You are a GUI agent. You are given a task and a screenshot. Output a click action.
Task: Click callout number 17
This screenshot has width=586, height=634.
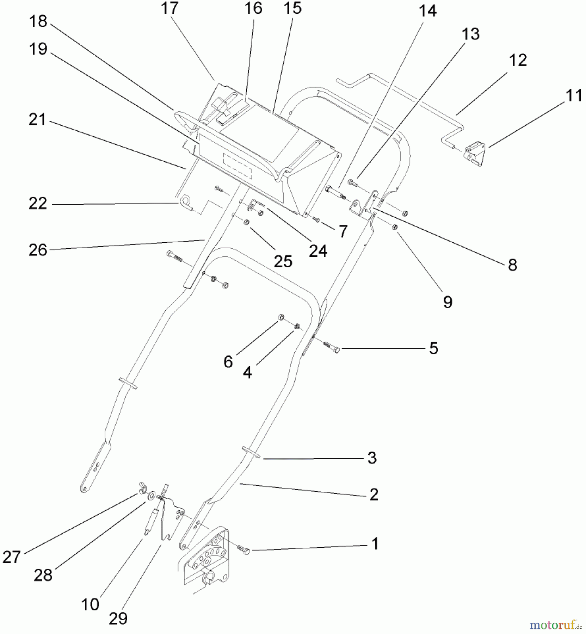pyautogui.click(x=169, y=8)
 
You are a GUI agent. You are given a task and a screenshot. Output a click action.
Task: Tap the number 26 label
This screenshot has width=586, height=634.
pyautogui.click(x=38, y=250)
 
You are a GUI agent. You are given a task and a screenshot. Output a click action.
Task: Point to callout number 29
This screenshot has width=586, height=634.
pyautogui.click(x=118, y=618)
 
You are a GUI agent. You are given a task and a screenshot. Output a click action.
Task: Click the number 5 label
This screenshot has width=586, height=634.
pyautogui.click(x=433, y=348)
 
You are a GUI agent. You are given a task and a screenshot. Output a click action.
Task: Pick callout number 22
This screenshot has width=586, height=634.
pyautogui.click(x=38, y=204)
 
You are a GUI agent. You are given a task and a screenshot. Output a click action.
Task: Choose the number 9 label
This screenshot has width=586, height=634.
pyautogui.click(x=448, y=302)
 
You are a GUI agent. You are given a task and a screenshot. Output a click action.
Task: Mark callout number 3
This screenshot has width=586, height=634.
pyautogui.click(x=372, y=458)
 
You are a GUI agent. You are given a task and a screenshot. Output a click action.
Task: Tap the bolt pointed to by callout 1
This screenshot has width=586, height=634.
pyautogui.click(x=243, y=550)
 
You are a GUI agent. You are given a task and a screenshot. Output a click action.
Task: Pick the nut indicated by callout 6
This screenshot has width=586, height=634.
pyautogui.click(x=281, y=317)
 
